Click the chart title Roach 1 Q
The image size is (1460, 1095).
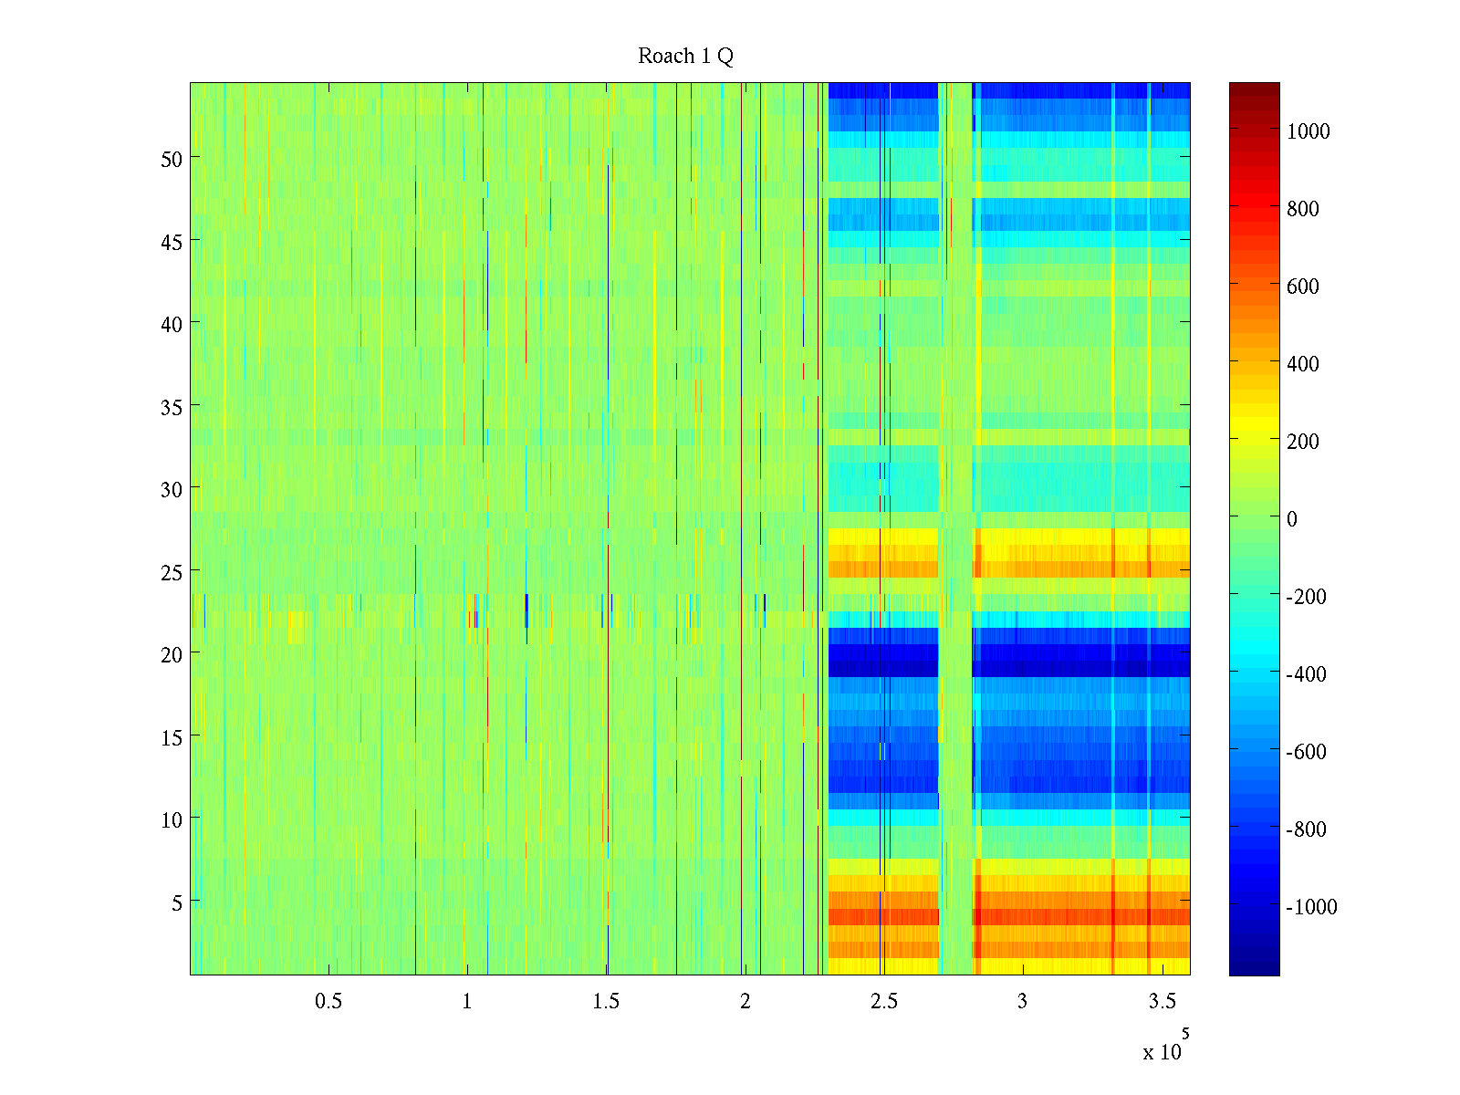[685, 57]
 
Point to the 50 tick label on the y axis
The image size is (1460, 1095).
[172, 159]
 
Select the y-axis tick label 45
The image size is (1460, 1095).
[172, 242]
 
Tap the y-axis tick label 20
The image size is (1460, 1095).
[172, 654]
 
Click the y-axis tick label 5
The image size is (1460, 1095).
[176, 902]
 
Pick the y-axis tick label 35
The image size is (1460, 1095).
[172, 407]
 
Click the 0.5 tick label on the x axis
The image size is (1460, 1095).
[328, 1001]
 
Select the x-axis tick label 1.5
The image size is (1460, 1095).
[606, 1001]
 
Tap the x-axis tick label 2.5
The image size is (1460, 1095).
[883, 1001]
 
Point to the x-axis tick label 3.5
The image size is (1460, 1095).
[1162, 1001]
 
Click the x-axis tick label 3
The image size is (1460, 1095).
[1022, 1001]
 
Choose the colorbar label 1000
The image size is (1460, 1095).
[1309, 131]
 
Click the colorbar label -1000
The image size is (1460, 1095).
[1311, 907]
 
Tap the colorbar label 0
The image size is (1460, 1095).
[1291, 519]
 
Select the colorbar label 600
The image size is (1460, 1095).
[1303, 287]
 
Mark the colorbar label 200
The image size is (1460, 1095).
[1303, 442]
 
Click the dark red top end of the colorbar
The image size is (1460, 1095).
[1254, 89]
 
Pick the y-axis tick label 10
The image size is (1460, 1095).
[172, 819]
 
